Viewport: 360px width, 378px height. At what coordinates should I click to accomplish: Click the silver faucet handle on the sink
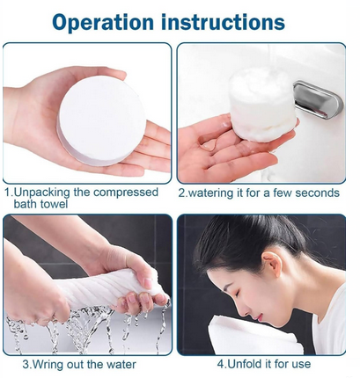point(317,98)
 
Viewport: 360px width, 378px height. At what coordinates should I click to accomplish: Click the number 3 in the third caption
point(26,363)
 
